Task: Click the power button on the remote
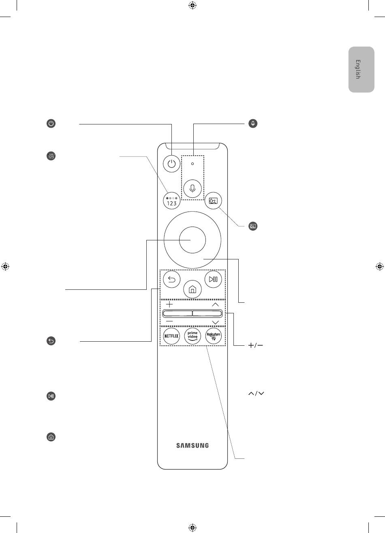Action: (x=171, y=164)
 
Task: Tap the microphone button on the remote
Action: (x=192, y=188)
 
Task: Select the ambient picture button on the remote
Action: (x=213, y=201)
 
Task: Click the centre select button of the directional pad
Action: (x=192, y=240)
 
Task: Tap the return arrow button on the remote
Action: (x=171, y=279)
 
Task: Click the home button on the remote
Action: (x=192, y=289)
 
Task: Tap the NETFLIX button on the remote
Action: (x=171, y=336)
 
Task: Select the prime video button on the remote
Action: (x=192, y=336)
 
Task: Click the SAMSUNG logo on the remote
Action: (x=192, y=445)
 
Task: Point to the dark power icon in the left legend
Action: (x=51, y=124)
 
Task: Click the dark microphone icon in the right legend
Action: (x=253, y=124)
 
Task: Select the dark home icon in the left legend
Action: (x=51, y=437)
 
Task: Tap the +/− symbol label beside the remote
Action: (x=256, y=345)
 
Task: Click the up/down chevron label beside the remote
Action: (x=256, y=394)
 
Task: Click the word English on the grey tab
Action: (x=357, y=69)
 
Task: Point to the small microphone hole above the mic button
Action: (x=192, y=164)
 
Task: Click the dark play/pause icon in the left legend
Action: (x=51, y=396)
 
